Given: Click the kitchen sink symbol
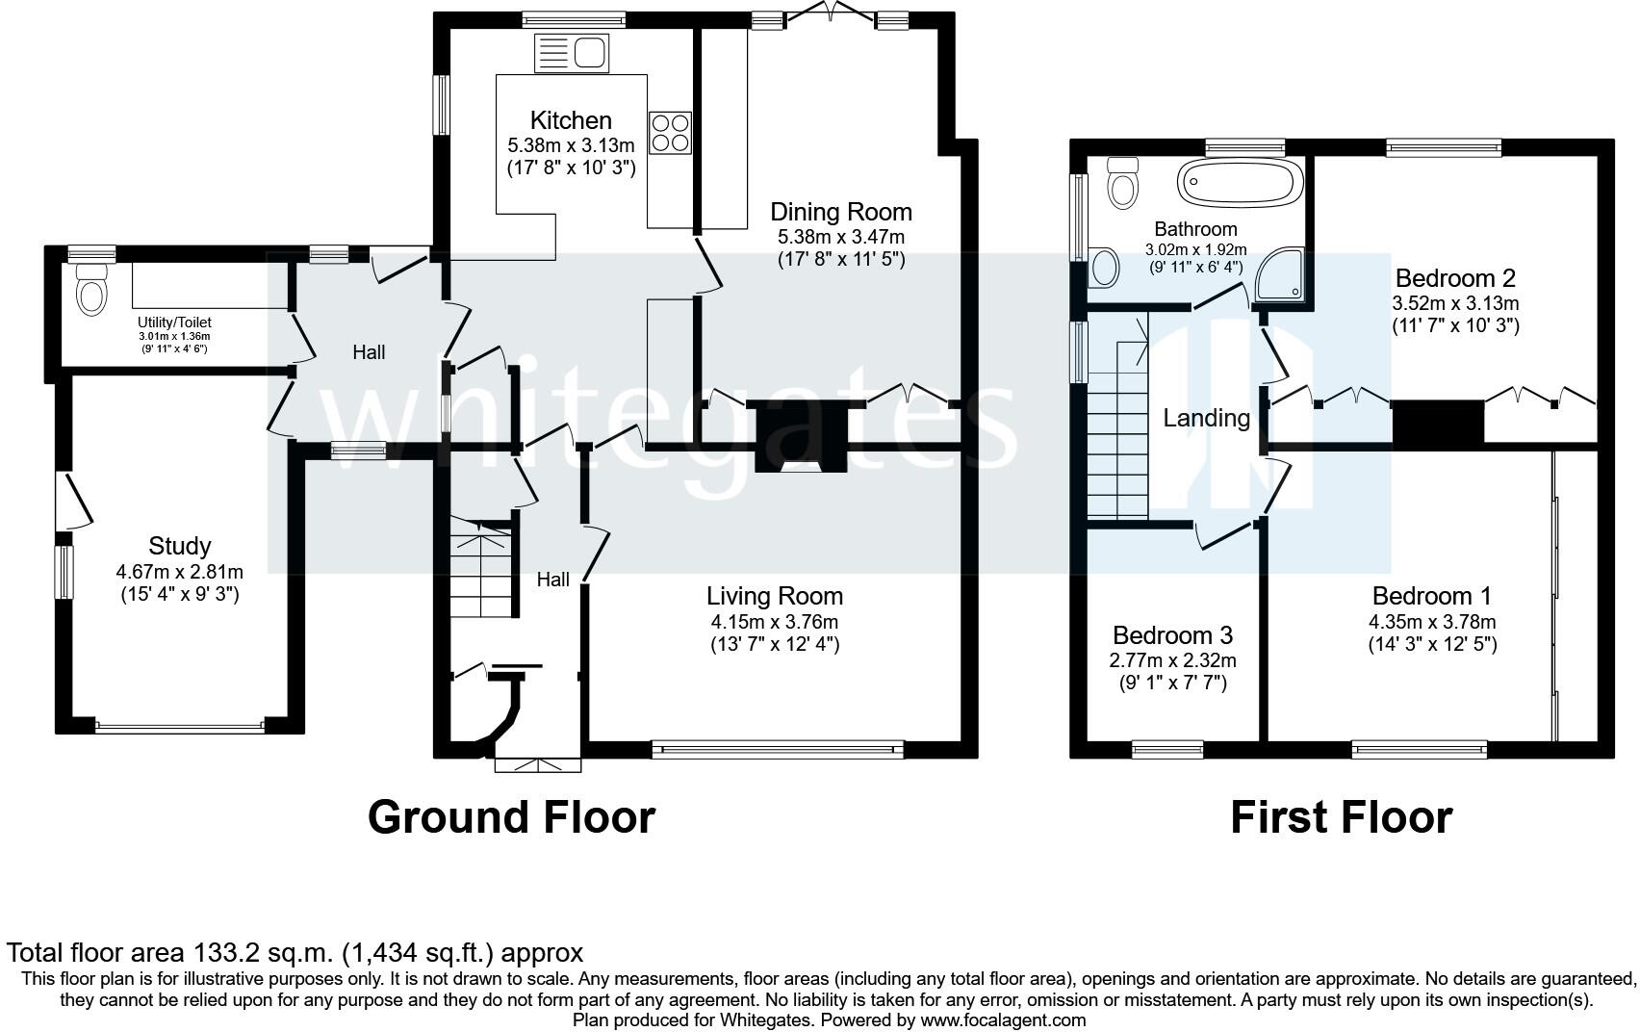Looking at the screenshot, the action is pos(572,53).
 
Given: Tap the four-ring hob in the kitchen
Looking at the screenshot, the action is pos(670,133).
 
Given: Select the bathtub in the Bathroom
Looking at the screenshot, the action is pos(1241,181).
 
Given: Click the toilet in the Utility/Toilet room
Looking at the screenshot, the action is pos(91,290).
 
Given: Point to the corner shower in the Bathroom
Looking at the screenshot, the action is pos(1280,275).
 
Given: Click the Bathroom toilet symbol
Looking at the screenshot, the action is pos(1123,182).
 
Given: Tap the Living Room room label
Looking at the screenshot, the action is pos(775,596).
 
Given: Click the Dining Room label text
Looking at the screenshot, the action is pos(841,213).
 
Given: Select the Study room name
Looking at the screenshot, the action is pos(179,547).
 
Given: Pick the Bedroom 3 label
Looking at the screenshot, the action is pos(1173,634).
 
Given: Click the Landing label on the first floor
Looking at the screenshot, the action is pos(1207,418).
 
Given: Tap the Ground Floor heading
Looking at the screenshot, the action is pos(511,817).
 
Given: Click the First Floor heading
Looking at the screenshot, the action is pos(1342,817).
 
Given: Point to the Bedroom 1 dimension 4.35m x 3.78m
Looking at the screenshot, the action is pos(1433,623).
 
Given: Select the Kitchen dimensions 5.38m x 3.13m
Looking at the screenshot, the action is pos(571,145).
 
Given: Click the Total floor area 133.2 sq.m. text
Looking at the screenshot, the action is pos(295,952).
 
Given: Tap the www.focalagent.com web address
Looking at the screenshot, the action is pos(1003,1020).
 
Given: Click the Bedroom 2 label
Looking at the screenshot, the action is pos(1455,278).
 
